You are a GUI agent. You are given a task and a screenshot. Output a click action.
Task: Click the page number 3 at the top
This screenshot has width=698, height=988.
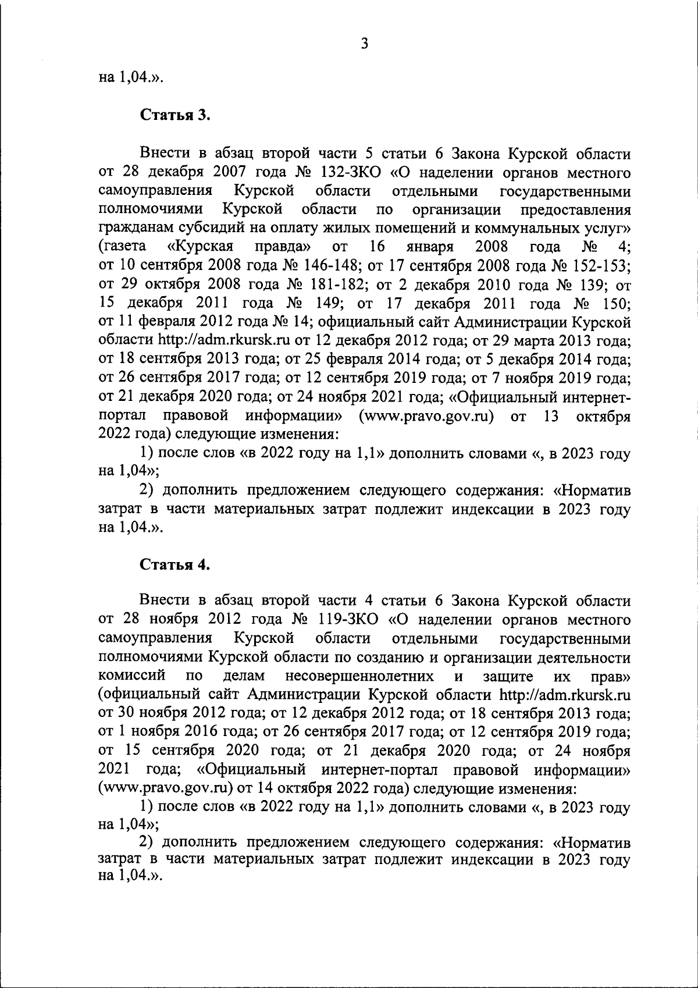point(364,44)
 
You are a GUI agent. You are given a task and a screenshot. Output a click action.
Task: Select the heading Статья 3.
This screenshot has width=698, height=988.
point(174,115)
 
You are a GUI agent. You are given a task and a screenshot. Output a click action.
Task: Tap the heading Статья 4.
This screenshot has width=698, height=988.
point(174,566)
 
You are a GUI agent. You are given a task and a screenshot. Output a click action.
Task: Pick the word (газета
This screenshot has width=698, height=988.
point(122,247)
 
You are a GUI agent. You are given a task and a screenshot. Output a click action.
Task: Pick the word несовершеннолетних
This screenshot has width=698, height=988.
point(359,676)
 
